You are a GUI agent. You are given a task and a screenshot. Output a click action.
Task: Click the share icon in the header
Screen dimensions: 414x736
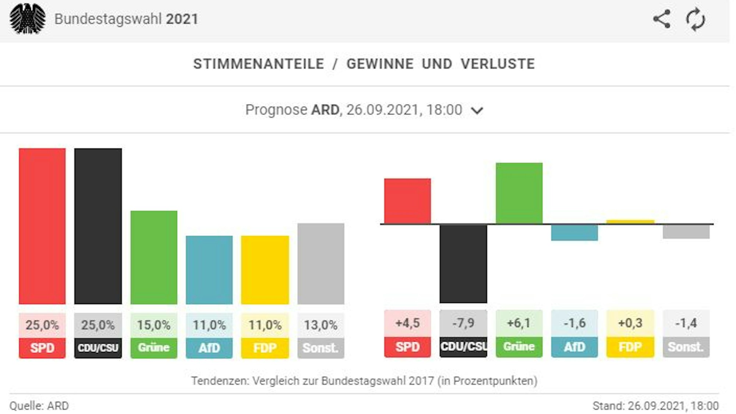point(662,19)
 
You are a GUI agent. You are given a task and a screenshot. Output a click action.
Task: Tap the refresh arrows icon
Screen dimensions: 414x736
point(695,19)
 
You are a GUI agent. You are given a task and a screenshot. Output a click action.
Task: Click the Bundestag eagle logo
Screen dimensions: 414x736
point(28,19)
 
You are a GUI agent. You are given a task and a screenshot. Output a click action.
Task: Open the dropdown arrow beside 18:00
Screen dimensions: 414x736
point(477,110)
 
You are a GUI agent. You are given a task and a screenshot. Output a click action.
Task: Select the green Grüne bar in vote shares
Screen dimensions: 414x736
point(154,257)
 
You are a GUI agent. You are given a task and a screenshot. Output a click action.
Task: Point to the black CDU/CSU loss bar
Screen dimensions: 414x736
point(463,263)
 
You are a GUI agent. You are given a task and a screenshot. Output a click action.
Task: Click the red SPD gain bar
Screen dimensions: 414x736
point(407,201)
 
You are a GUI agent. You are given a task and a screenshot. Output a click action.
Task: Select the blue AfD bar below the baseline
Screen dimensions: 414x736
point(574,232)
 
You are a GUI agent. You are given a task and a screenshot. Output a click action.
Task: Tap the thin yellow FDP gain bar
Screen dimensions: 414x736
point(630,222)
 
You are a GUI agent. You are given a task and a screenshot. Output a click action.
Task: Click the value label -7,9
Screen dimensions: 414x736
point(463,323)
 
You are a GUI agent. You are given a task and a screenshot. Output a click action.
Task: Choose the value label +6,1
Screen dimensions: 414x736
point(519,323)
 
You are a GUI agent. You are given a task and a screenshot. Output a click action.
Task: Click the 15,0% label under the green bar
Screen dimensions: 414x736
point(154,325)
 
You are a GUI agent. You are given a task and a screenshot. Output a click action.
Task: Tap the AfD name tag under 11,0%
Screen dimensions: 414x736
point(209,347)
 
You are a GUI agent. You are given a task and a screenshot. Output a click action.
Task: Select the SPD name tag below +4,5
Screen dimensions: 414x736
point(407,347)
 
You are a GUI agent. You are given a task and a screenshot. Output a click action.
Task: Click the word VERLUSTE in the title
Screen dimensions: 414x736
point(498,64)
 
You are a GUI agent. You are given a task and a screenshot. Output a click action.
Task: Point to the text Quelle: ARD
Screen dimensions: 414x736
point(39,406)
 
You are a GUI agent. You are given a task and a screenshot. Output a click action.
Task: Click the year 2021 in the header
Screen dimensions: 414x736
point(182,19)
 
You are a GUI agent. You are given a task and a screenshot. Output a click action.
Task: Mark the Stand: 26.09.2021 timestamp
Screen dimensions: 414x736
point(655,406)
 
